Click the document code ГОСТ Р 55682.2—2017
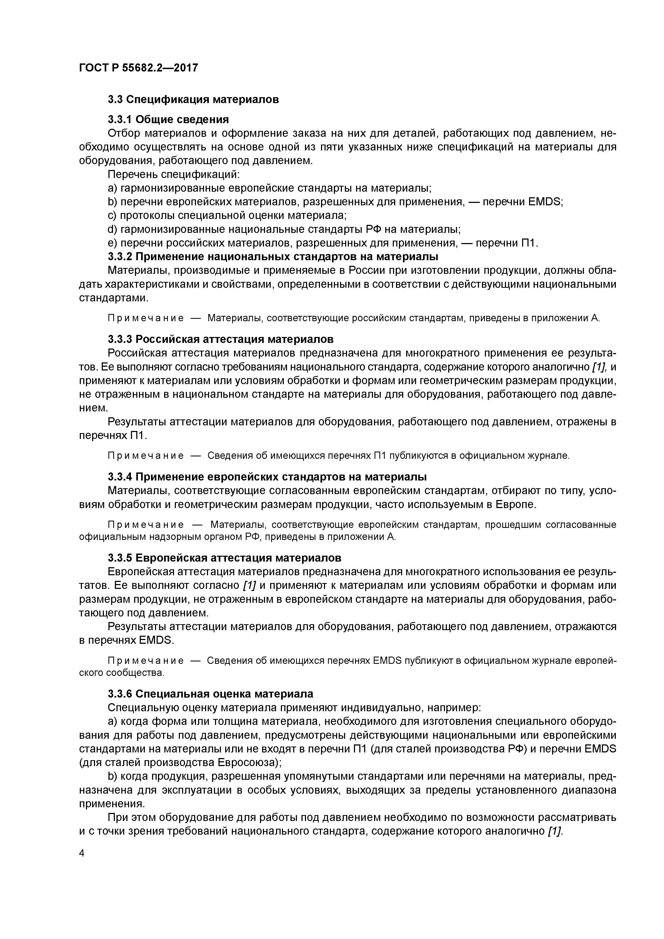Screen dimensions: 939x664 [138, 67]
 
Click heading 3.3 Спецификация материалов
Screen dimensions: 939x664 [193, 99]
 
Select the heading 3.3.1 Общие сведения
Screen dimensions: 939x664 [168, 119]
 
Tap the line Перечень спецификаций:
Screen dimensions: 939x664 [173, 174]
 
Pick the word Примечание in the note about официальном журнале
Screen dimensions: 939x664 [145, 456]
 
